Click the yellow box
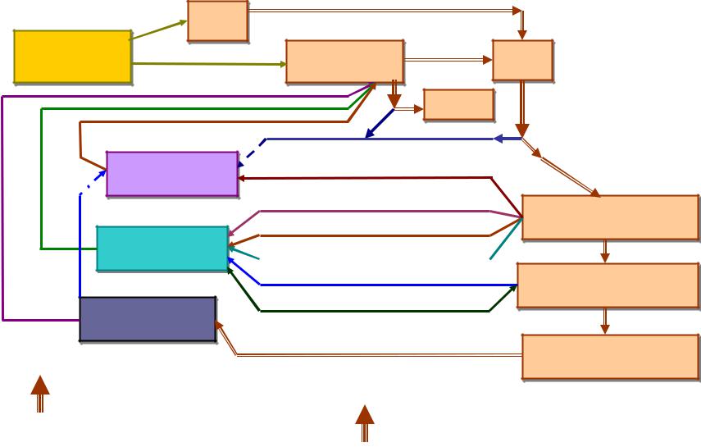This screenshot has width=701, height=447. point(72,57)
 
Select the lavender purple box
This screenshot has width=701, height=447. point(172,173)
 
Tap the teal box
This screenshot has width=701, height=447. point(162,248)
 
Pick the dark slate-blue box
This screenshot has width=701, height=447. point(148,318)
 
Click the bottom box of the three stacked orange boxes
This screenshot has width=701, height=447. point(609,357)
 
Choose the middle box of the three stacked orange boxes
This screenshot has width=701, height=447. point(608,285)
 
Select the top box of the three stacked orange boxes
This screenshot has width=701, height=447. point(609,217)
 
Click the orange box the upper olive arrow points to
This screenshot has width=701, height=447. point(217,21)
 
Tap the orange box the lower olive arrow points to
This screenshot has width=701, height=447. point(344,62)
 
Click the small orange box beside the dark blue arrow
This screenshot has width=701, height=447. point(458,105)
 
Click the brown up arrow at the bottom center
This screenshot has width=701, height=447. point(365,422)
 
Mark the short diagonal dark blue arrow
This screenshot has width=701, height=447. point(379,124)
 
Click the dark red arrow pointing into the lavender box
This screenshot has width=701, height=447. point(369,177)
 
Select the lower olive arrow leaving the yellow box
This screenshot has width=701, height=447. point(208,63)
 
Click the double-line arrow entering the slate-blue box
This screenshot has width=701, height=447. point(369,355)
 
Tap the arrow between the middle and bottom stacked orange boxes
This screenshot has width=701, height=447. point(605,321)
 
